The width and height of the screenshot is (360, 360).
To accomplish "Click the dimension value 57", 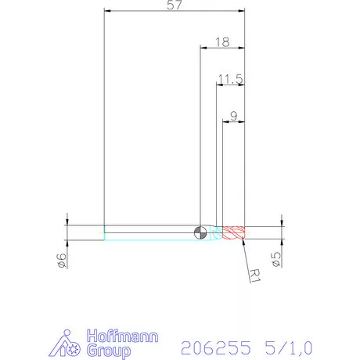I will [175, 5].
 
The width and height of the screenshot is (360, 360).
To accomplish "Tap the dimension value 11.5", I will [231, 78].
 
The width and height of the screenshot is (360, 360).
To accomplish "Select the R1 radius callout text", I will [254, 273].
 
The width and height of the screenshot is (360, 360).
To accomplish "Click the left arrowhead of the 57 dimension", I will [107, 11].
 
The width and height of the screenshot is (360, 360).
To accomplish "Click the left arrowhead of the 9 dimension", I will [226, 122].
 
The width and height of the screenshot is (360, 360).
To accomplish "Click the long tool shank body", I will [149, 232].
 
